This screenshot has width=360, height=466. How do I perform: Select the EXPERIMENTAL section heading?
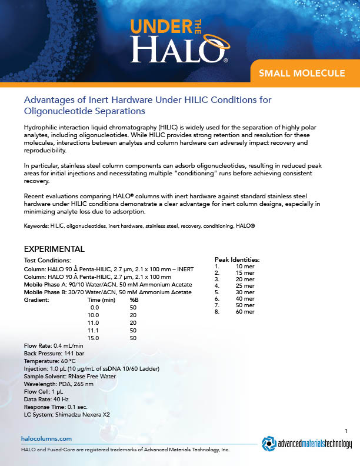click(54, 248)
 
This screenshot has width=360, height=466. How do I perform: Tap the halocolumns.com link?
click(46, 438)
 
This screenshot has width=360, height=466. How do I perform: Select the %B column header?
click(133, 300)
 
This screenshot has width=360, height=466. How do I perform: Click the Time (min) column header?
click(96, 300)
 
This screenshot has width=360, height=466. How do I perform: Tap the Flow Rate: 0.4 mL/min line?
click(52, 346)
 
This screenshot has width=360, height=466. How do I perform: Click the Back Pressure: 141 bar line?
click(55, 354)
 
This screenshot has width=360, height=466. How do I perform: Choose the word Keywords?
click(36, 226)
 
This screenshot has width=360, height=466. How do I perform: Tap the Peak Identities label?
click(237, 259)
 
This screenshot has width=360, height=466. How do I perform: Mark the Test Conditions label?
click(47, 260)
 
